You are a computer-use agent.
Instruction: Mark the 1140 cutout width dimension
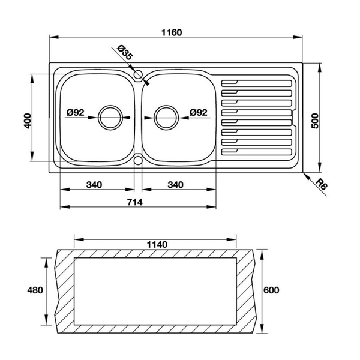(x=156, y=245)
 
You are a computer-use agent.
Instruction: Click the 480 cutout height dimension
(x=35, y=290)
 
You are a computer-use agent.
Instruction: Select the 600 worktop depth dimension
(x=272, y=290)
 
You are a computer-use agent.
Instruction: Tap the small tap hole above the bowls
(x=139, y=76)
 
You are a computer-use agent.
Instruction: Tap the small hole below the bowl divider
(x=139, y=160)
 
